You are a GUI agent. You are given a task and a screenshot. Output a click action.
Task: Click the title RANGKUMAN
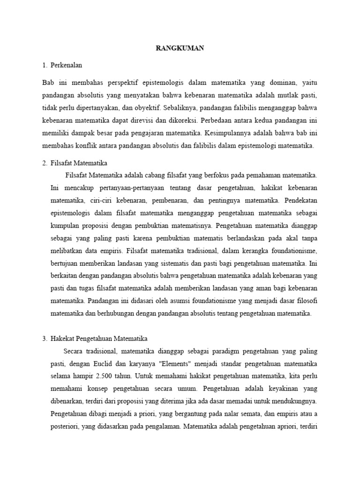[180, 48]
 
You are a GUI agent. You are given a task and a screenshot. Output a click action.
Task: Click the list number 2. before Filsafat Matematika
[45, 163]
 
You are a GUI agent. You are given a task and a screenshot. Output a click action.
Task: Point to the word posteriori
[65, 427]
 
